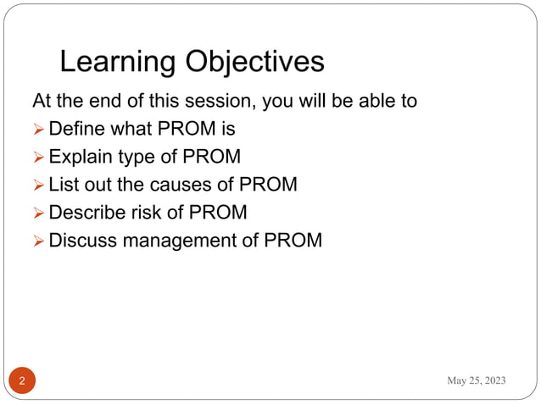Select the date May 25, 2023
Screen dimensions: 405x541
coord(477,380)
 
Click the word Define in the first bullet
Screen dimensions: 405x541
coord(76,129)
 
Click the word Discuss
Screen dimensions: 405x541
coord(83,240)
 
